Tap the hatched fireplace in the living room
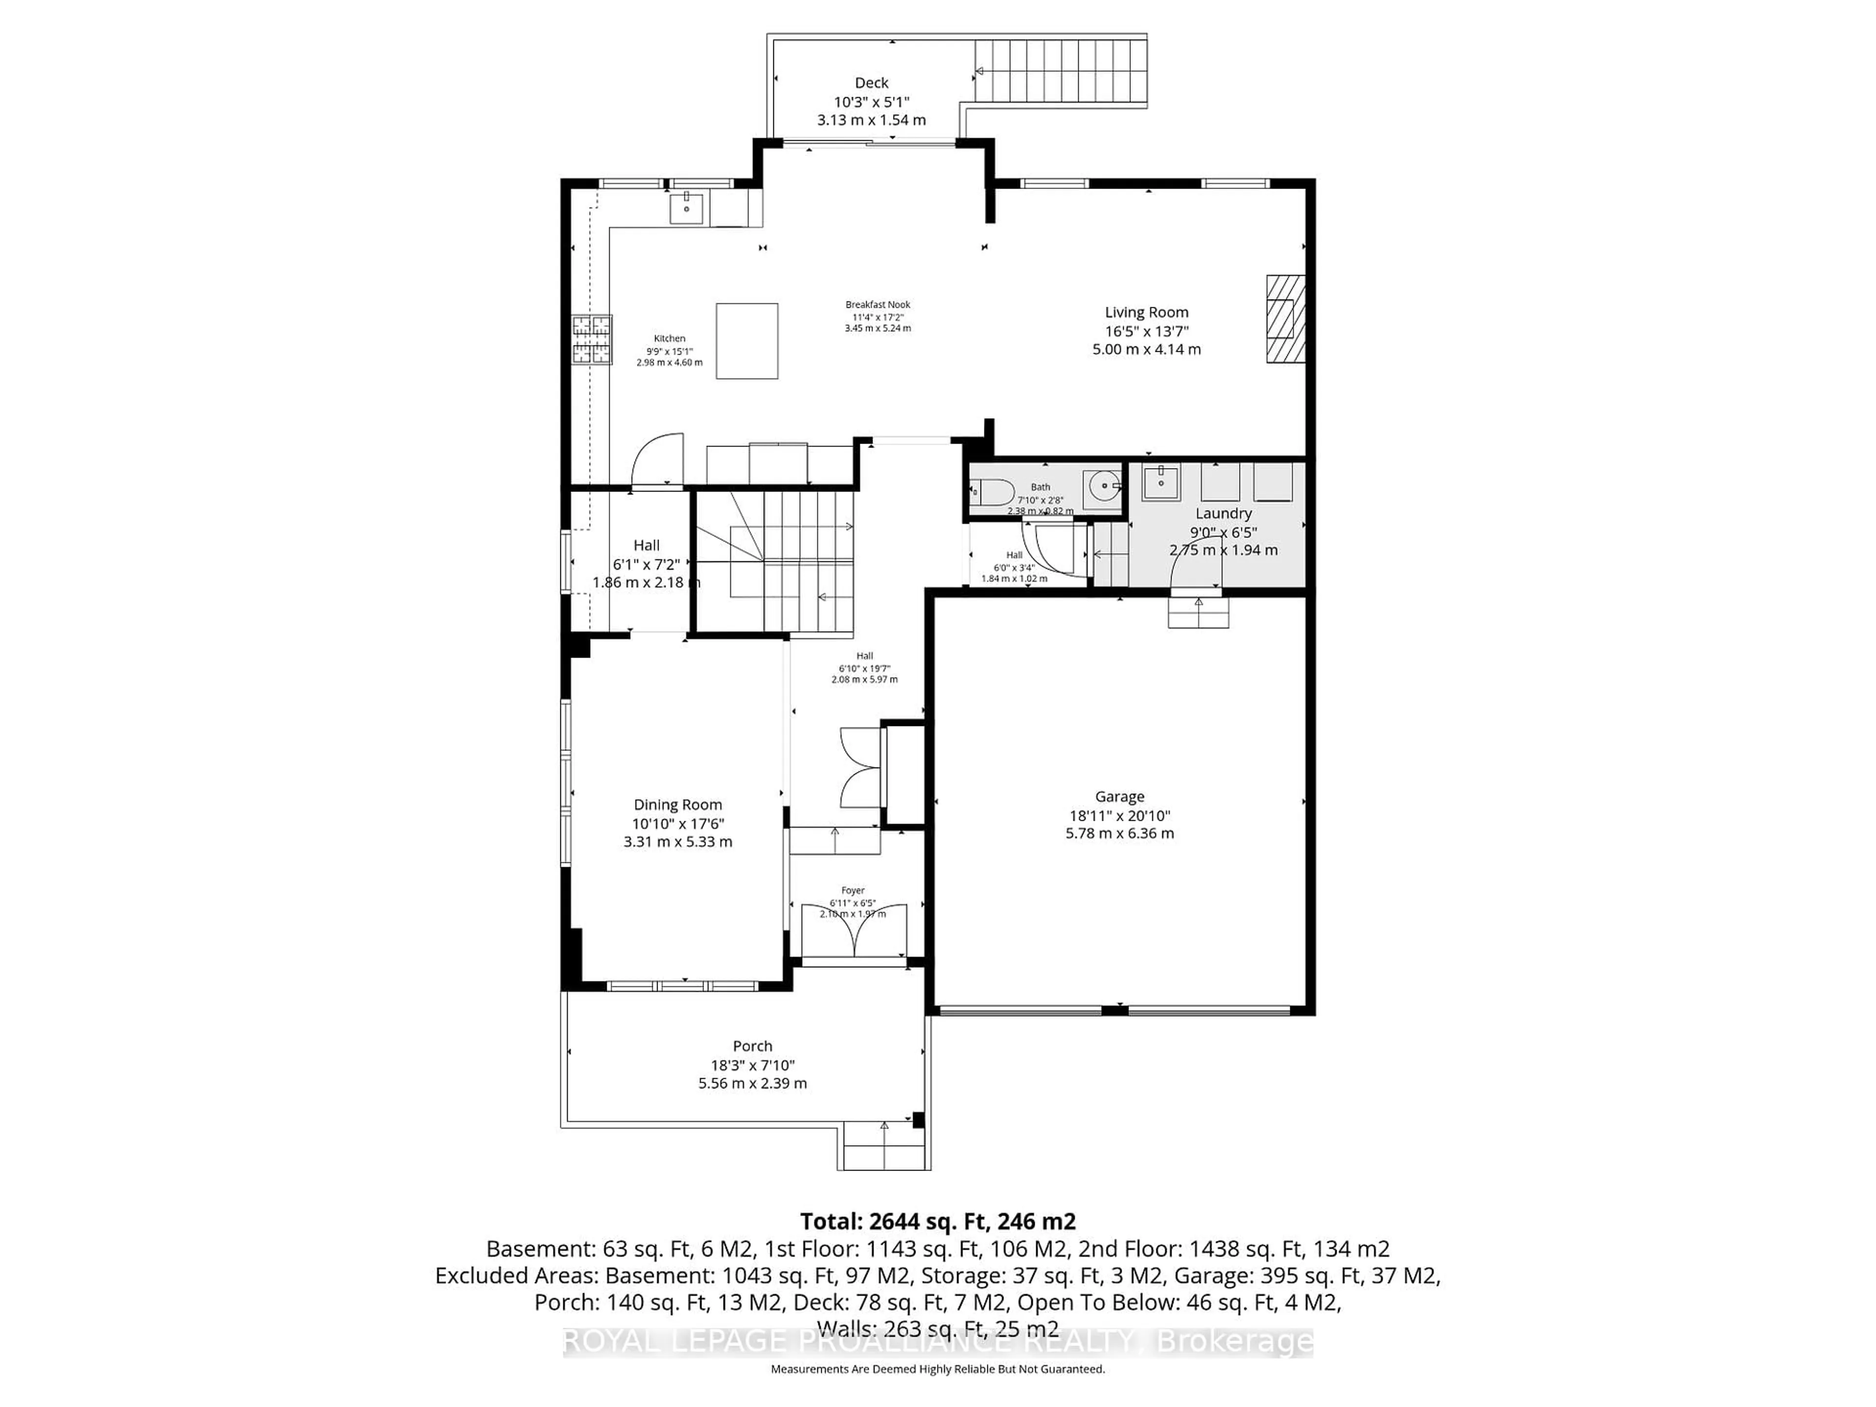[1285, 320]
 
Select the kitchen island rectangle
[746, 341]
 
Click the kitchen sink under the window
[685, 208]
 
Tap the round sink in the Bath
[1104, 487]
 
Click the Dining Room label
[678, 805]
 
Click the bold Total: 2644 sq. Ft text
[937, 1222]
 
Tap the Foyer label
[853, 891]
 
